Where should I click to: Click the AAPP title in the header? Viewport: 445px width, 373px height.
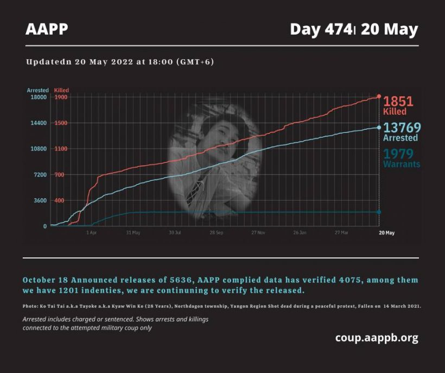pyautogui.click(x=47, y=29)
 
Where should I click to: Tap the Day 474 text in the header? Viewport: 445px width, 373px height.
pyautogui.click(x=321, y=29)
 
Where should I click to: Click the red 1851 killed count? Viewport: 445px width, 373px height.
pyautogui.click(x=398, y=102)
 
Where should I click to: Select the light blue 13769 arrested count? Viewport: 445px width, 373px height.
pyautogui.click(x=402, y=128)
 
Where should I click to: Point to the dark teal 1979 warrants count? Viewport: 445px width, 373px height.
pyautogui.click(x=398, y=154)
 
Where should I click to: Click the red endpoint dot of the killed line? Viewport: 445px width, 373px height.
pyautogui.click(x=379, y=96)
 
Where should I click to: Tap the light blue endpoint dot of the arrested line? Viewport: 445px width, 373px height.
pyautogui.click(x=379, y=128)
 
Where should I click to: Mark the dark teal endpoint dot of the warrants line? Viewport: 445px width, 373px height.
pyautogui.click(x=379, y=212)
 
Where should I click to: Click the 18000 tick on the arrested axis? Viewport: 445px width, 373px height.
pyautogui.click(x=38, y=97)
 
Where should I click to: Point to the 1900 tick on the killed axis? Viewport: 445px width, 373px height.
pyautogui.click(x=60, y=97)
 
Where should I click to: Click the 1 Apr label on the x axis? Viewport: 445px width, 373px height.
pyautogui.click(x=92, y=232)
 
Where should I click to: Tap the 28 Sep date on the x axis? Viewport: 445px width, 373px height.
pyautogui.click(x=216, y=232)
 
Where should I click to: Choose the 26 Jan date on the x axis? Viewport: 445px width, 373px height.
pyautogui.click(x=300, y=232)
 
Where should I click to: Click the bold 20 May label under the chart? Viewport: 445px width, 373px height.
pyautogui.click(x=386, y=232)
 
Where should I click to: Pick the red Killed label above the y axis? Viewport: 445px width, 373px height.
pyautogui.click(x=62, y=90)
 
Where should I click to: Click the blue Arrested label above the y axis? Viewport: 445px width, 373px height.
pyautogui.click(x=38, y=90)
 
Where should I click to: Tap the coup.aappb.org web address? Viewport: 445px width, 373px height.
pyautogui.click(x=377, y=338)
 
